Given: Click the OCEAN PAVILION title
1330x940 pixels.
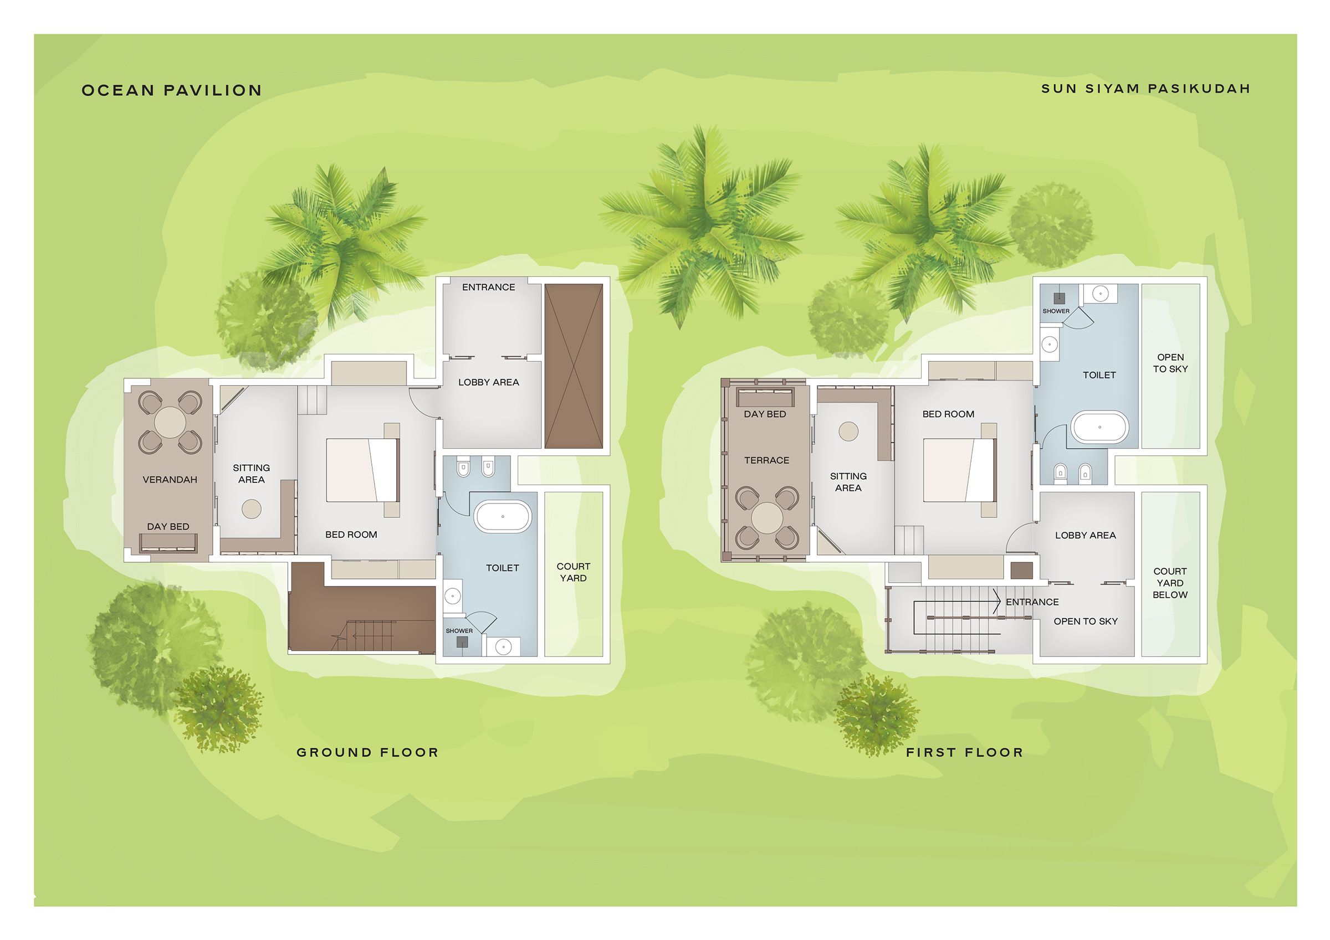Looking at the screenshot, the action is (x=171, y=90).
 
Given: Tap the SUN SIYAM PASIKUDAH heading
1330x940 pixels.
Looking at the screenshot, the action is (x=1145, y=89).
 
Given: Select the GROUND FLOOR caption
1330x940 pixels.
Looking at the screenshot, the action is (x=367, y=752).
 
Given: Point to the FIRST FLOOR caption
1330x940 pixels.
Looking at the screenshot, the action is (x=964, y=752).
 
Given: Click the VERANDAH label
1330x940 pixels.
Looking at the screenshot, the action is (x=170, y=480).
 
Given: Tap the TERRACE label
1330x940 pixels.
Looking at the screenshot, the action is (x=766, y=460).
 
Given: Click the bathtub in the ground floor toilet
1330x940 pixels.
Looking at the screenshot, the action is (x=503, y=516).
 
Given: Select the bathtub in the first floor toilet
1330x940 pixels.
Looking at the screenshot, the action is (x=1099, y=428).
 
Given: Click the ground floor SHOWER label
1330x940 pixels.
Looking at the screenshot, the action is (x=459, y=631).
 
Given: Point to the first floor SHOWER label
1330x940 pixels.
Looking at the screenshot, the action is (x=1056, y=311).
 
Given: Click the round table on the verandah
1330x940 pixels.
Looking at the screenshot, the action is (x=170, y=422).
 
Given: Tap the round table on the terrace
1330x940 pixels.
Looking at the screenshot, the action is (x=767, y=518).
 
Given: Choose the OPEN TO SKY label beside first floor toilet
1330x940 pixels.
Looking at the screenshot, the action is (x=1170, y=363).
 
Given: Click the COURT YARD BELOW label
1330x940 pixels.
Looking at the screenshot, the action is (x=1169, y=583).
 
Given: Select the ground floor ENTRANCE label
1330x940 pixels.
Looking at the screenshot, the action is (x=488, y=287).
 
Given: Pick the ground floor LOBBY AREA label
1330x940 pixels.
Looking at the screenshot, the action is (x=488, y=382).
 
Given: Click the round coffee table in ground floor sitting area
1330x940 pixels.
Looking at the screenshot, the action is (x=252, y=509).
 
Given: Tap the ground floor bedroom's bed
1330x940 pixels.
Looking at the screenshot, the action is (x=362, y=470).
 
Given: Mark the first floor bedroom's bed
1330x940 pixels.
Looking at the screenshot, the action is (x=960, y=470).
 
